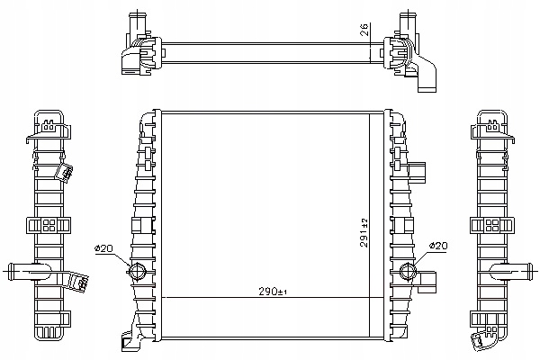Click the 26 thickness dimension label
[x=364, y=30]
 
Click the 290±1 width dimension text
[x=273, y=292]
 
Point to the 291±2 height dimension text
[x=364, y=233]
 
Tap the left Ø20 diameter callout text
[x=103, y=248]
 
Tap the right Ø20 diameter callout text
[x=438, y=246]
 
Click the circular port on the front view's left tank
[x=138, y=271]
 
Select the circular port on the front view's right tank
[x=408, y=271]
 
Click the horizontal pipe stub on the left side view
[x=29, y=272]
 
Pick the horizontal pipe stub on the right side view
[x=511, y=271]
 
